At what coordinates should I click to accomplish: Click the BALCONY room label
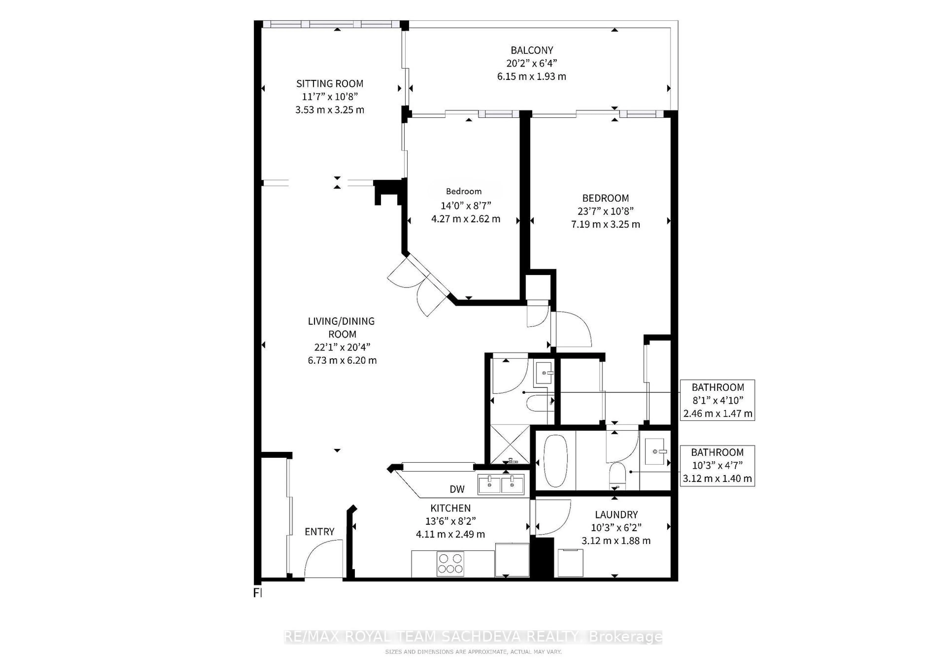coord(531,50)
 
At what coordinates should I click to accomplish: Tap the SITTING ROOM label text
coord(330,84)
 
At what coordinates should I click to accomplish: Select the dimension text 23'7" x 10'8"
coord(605,211)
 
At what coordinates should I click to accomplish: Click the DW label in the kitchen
coord(457,489)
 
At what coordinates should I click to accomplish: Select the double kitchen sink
coord(501,484)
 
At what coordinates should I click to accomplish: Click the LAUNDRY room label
coord(616,515)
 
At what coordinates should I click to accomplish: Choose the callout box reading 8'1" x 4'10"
coord(717,400)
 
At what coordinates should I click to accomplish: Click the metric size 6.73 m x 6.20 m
coord(342,360)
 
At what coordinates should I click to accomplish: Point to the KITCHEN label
coord(450,508)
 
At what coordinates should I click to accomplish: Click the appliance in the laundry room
coord(570,562)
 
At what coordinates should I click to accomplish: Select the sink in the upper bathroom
coord(544,373)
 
